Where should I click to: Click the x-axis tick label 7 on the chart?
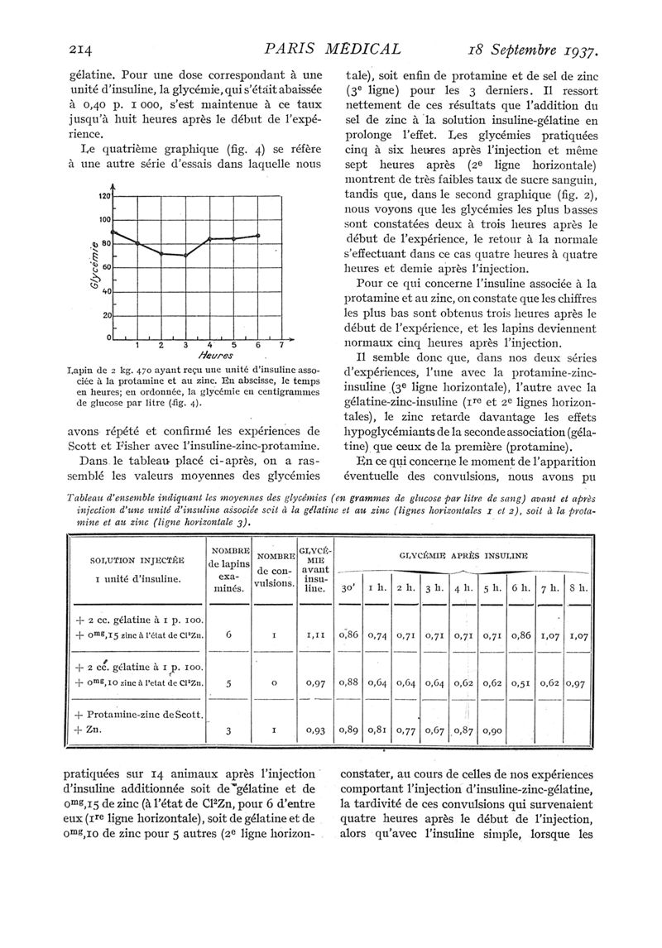click(281, 346)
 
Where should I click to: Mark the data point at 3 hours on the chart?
click(185, 256)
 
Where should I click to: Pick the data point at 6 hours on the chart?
click(258, 236)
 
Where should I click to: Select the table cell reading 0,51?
click(520, 682)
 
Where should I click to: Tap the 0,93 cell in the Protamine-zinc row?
click(314, 731)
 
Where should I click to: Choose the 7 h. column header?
click(549, 589)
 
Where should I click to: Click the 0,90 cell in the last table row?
click(492, 731)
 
